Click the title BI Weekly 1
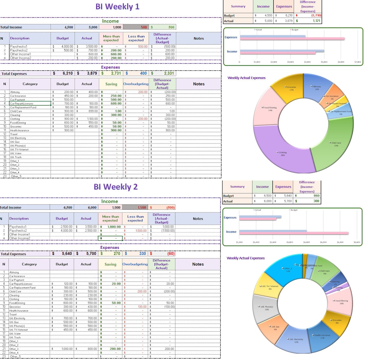click(117, 6)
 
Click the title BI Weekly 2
click(116, 187)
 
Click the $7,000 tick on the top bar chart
click(358, 62)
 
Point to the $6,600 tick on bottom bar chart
click(357, 243)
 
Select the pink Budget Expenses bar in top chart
click(292, 39)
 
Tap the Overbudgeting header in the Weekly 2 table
click(135, 264)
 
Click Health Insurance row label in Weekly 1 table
click(20, 130)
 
